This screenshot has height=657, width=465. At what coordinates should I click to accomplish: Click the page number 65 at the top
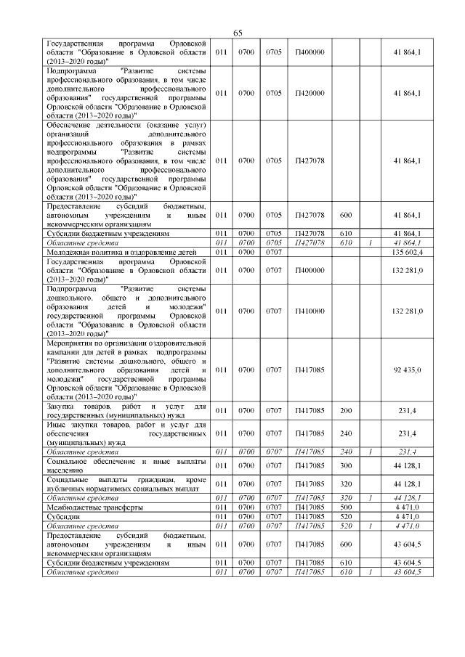click(238, 33)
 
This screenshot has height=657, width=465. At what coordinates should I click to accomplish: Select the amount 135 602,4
click(407, 251)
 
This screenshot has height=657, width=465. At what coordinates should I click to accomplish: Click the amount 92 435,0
click(407, 370)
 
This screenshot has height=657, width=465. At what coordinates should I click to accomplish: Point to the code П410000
click(310, 311)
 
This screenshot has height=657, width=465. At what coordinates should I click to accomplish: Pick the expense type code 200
click(345, 410)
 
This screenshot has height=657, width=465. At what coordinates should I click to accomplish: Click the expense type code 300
click(345, 465)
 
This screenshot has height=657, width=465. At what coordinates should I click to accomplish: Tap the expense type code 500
click(345, 507)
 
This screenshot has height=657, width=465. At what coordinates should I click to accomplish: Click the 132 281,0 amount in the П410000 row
click(407, 311)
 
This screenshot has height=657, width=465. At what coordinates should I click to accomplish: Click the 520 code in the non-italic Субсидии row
click(345, 516)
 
